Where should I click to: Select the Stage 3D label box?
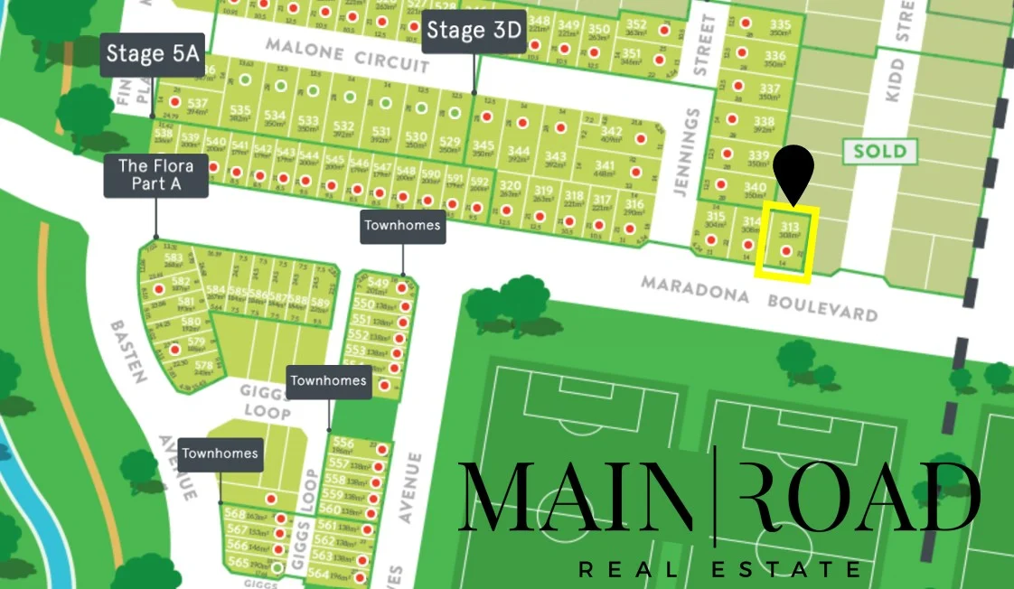[x=474, y=31]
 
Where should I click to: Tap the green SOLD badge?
[x=879, y=150]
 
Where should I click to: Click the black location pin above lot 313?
[x=794, y=172]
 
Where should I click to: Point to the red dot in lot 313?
[x=785, y=250]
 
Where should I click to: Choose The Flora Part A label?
[x=156, y=175]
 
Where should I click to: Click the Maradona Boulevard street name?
[x=758, y=298]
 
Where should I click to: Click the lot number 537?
[x=197, y=104]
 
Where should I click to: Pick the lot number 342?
[x=611, y=131]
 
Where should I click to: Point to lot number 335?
[x=780, y=24]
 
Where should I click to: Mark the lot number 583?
[x=174, y=258]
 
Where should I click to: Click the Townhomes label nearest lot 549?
[x=403, y=225]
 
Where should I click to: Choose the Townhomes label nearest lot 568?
[x=221, y=453]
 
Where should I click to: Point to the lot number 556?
[x=343, y=443]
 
